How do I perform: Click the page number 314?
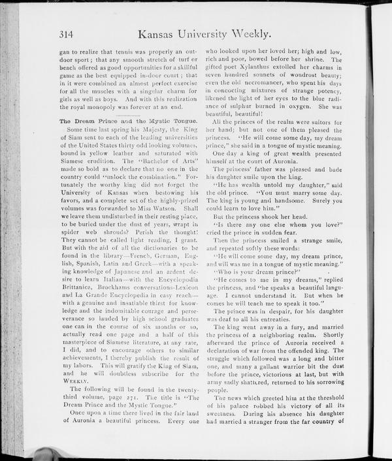[68, 35]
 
